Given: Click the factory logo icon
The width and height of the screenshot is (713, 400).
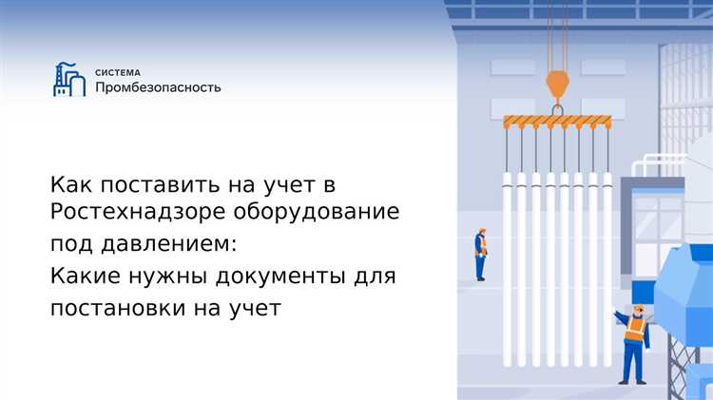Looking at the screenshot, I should point(69,79).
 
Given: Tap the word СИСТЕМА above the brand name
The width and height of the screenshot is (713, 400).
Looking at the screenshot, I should point(117,71).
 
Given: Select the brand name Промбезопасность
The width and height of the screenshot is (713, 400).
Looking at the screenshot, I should point(158,87).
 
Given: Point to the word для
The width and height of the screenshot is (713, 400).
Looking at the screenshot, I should point(376,276).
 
